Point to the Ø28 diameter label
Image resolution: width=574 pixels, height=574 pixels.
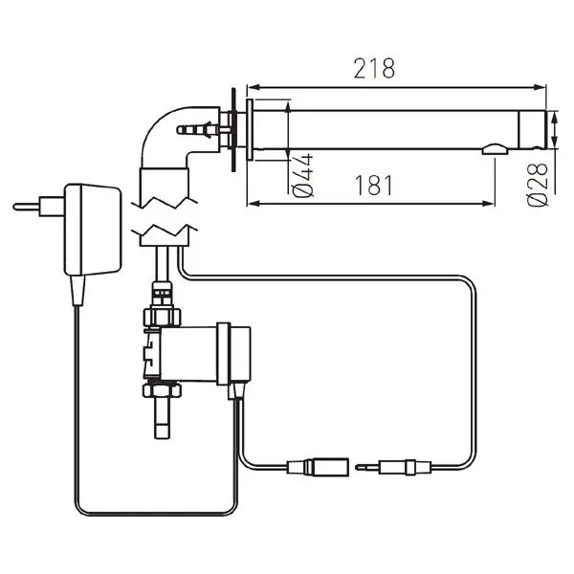pyautogui.click(x=539, y=182)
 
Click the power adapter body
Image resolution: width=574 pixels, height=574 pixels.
pyautogui.click(x=97, y=229)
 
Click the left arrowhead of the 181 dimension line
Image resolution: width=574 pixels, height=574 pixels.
pyautogui.click(x=254, y=202)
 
